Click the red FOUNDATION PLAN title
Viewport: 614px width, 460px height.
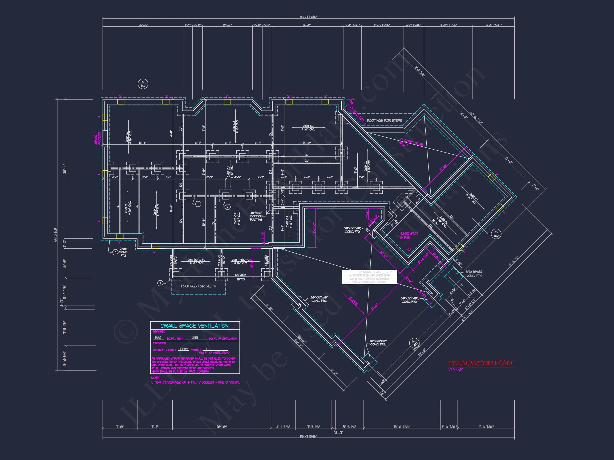(480, 363)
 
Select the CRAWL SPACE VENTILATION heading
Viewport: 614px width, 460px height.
(195, 326)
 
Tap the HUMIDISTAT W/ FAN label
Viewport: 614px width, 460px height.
(409, 236)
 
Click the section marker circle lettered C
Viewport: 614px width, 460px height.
(143, 84)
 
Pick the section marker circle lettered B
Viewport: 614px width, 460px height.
(496, 234)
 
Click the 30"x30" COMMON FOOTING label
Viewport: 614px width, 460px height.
(256, 216)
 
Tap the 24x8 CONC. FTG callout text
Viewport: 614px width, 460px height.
(123, 252)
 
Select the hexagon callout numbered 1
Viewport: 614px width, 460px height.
(198, 204)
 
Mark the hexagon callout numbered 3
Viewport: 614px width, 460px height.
(115, 252)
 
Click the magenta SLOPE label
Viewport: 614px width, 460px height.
(353, 301)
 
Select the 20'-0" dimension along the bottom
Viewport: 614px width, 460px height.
(221, 427)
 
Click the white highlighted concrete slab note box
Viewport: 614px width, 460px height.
(369, 277)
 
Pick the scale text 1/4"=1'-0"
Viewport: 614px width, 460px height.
(455, 369)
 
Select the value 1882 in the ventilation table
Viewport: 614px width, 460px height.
(158, 338)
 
